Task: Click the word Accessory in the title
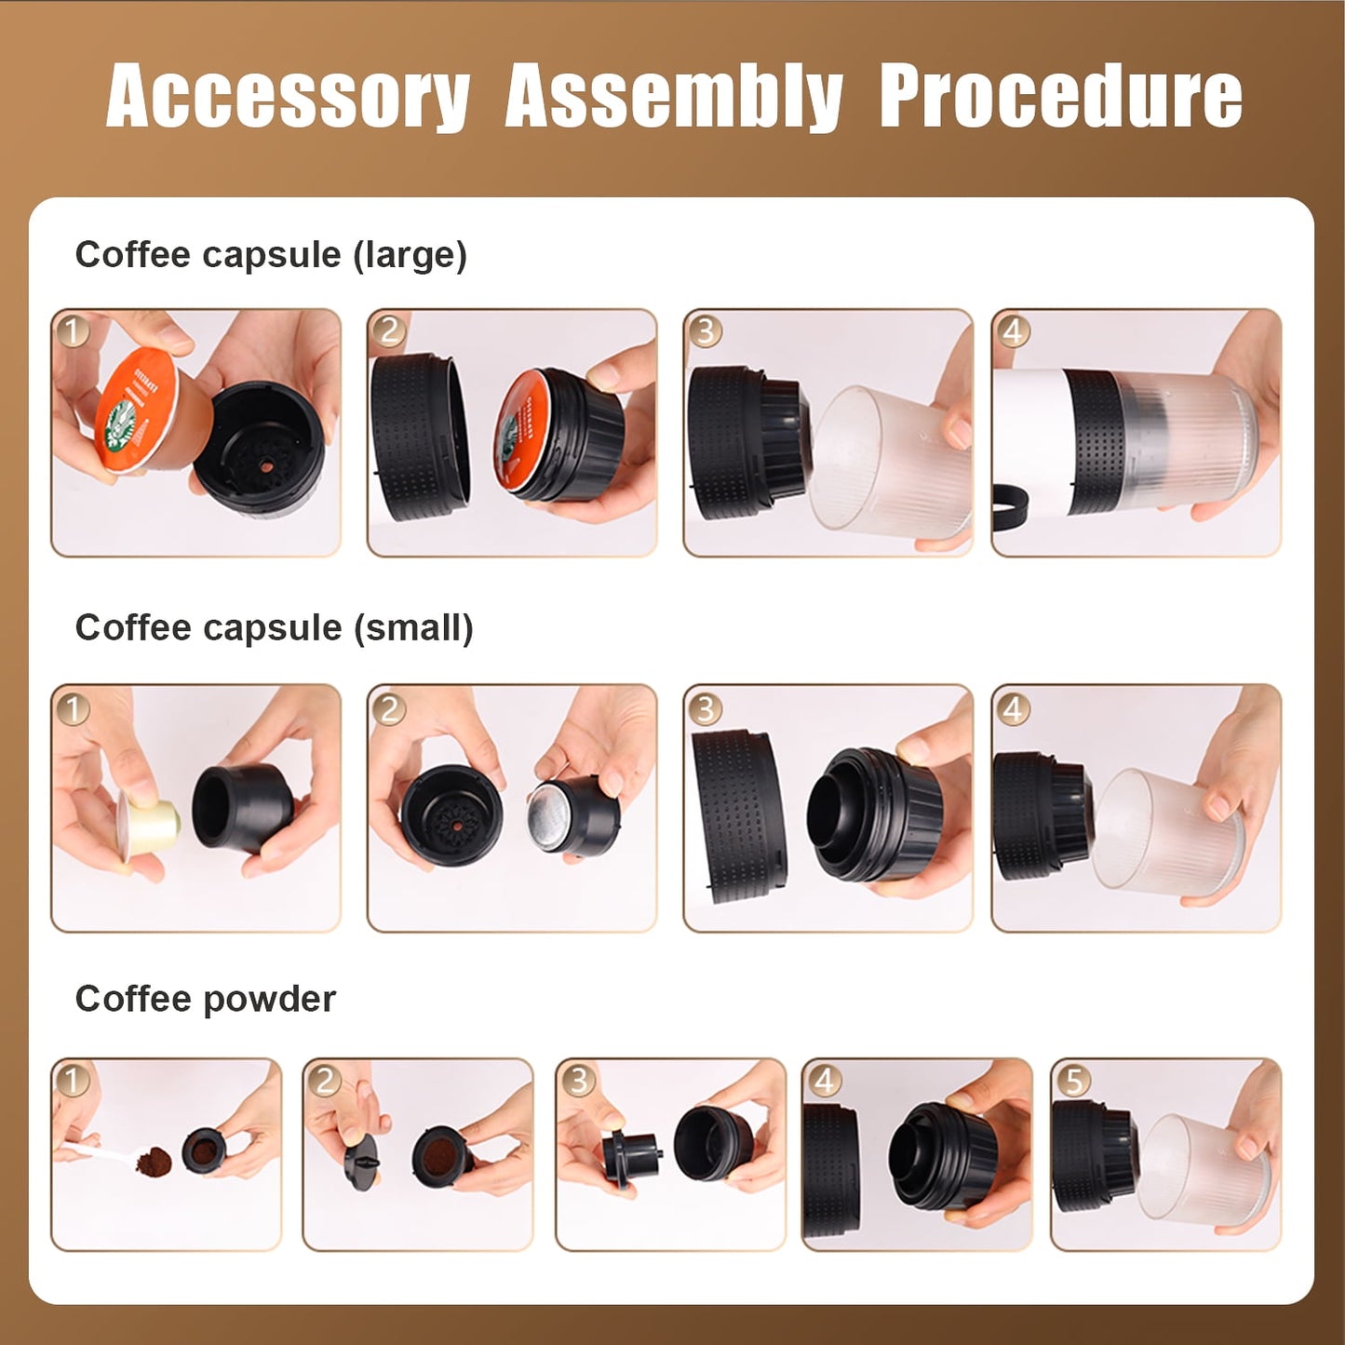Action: tap(288, 96)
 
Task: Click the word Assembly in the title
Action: tap(674, 96)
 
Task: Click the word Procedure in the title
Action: tap(1060, 96)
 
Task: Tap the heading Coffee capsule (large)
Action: tap(271, 254)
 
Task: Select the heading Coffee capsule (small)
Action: tap(274, 627)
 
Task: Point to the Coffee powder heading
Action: tap(205, 999)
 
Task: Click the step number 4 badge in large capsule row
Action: tap(1013, 330)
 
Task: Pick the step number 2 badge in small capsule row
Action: tap(389, 709)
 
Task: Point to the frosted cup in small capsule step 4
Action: tap(1163, 833)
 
